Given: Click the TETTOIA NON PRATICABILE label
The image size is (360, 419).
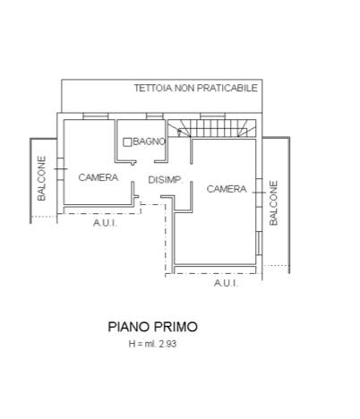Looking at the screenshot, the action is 195,88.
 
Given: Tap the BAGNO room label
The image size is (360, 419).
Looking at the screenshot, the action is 149,141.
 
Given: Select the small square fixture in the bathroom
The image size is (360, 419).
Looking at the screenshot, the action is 127,142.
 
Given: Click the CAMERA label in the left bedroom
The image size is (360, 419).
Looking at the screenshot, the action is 99,177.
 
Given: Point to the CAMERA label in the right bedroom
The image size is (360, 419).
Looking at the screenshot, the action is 227,189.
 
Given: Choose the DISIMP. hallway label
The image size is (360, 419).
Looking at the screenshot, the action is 165,180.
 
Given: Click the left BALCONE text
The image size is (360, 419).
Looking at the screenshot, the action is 42,178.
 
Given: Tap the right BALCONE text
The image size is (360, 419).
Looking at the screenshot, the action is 273,202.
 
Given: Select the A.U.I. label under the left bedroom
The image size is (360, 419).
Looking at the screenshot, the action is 105,223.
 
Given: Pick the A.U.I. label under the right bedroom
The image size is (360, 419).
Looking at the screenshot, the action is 226,283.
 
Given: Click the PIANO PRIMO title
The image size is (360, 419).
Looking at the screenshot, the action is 152,327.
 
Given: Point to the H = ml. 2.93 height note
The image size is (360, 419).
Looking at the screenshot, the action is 152,344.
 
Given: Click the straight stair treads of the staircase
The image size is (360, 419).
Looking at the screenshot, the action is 214,128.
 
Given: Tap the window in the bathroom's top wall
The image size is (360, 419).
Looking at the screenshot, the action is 155,116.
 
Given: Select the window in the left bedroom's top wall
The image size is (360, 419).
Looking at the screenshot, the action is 95,116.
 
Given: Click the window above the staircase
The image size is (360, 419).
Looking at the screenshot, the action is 213,116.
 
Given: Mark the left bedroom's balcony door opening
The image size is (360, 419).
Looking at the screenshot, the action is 60,169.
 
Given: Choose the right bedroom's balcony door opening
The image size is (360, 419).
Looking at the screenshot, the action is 259,192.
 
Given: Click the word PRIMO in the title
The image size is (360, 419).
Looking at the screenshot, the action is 176,327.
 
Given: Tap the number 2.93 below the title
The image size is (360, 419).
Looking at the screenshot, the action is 167,344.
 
